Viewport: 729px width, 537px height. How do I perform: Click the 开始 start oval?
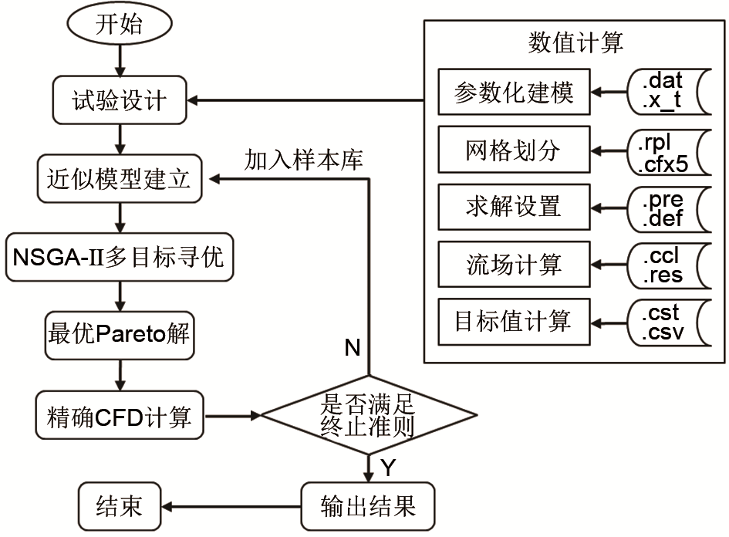click(x=120, y=25)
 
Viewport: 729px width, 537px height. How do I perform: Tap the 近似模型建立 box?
click(x=120, y=181)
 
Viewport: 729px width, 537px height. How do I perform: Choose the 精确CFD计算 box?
click(x=120, y=417)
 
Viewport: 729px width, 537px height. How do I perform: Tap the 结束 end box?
click(x=120, y=505)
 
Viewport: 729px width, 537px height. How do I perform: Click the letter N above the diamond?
click(x=353, y=349)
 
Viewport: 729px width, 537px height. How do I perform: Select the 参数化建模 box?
click(x=513, y=93)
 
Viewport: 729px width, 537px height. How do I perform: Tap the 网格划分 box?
click(x=513, y=150)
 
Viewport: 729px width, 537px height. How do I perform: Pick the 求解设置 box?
click(x=513, y=206)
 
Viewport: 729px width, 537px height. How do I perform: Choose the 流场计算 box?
click(x=513, y=265)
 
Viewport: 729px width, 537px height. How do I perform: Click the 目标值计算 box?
click(x=513, y=321)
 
